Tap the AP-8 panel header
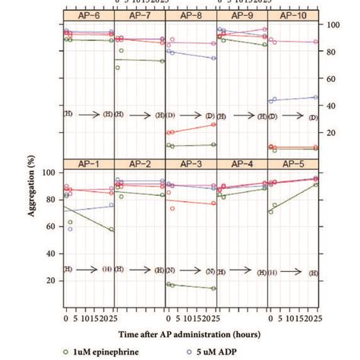(191, 15)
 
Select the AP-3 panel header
(191, 163)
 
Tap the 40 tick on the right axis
(333, 106)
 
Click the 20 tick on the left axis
(50, 281)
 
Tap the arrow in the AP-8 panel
(192, 115)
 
